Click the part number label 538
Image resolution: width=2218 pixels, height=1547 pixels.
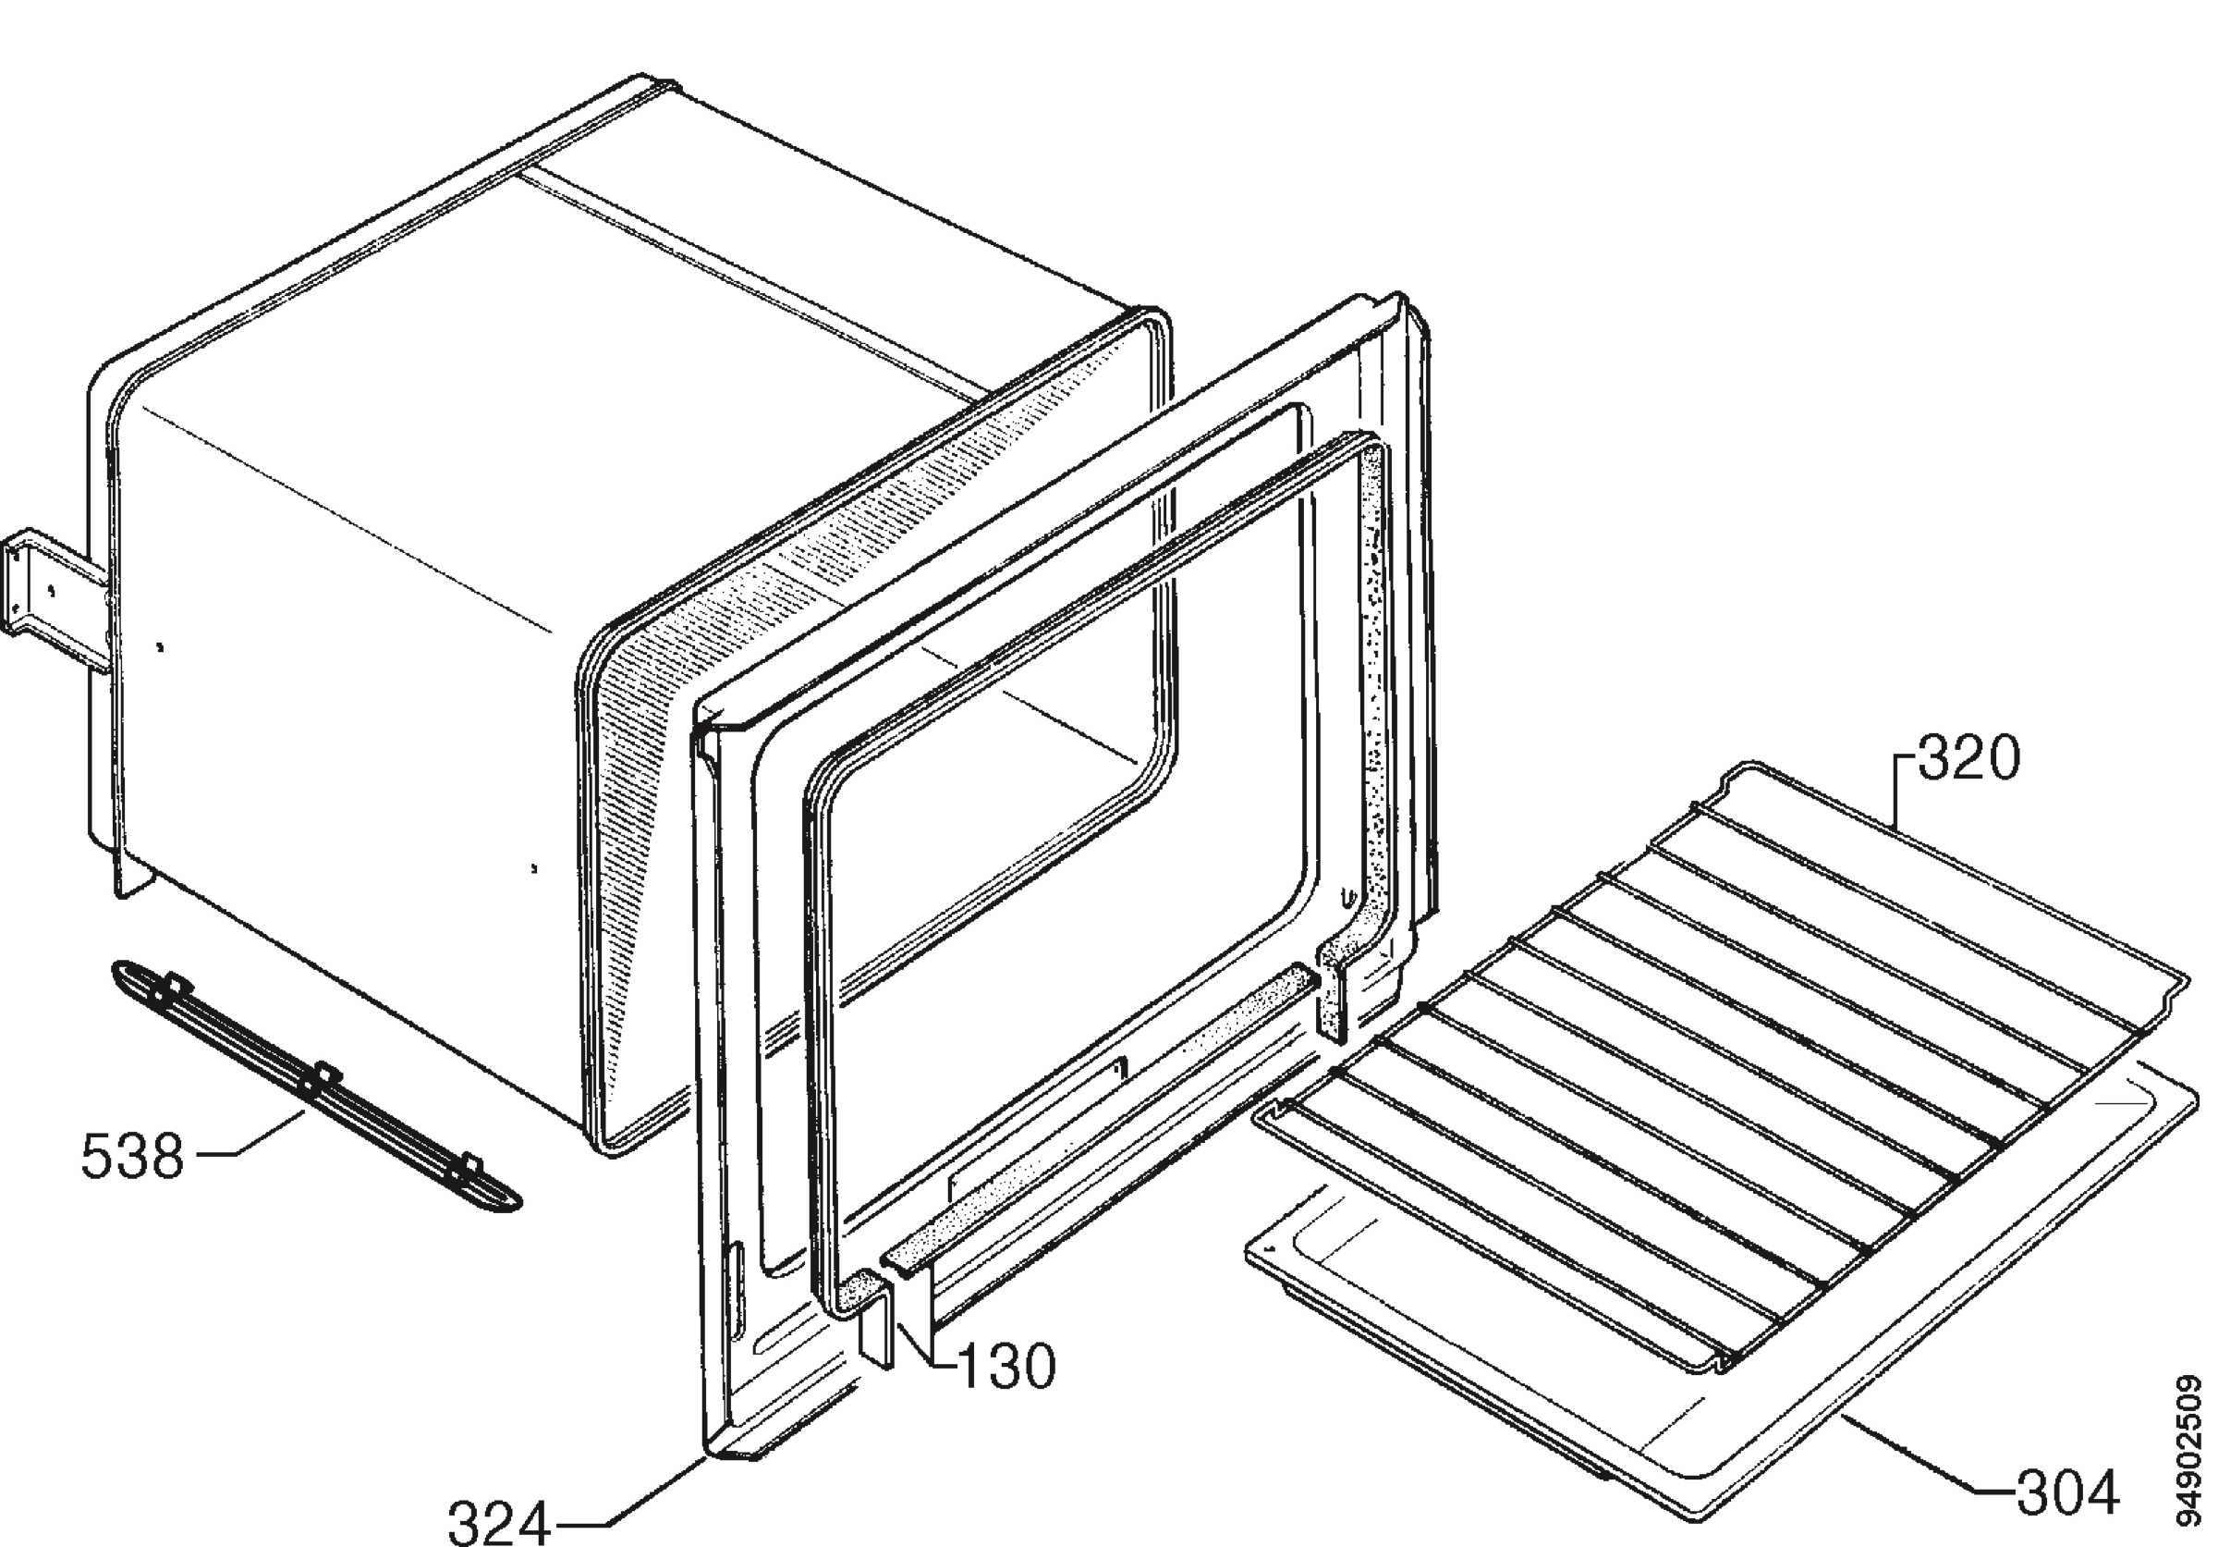coord(131,1157)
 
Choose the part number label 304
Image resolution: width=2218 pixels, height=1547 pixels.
coord(2067,1492)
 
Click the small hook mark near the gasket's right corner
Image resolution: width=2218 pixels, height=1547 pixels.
coord(1345,898)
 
